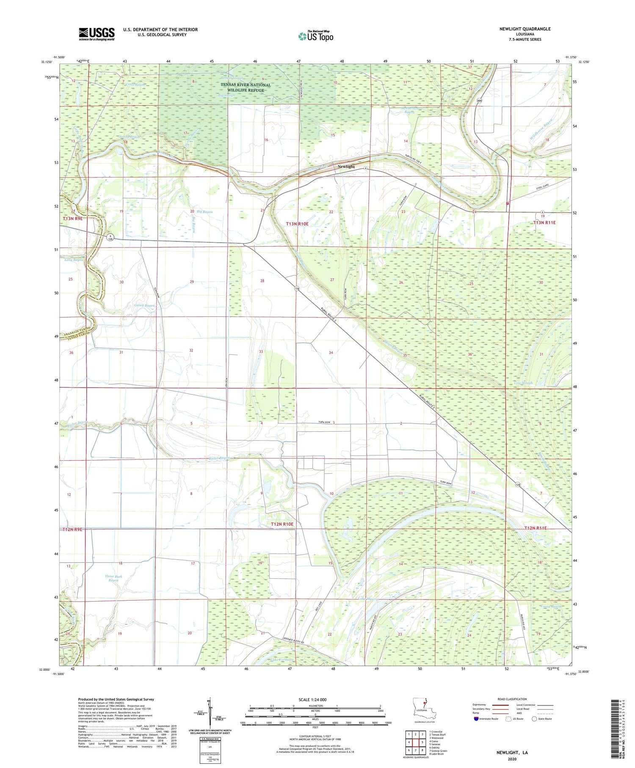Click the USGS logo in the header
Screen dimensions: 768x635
coord(97,34)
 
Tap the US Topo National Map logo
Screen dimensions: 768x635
coord(315,36)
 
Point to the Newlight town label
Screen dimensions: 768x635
coord(346,166)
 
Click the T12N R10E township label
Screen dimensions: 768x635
coord(282,524)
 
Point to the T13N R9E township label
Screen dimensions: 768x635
coord(72,219)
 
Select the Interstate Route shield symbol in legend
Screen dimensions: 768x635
coord(477,718)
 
